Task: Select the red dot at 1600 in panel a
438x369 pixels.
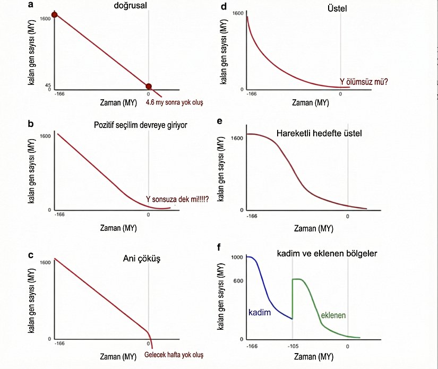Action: tap(54, 14)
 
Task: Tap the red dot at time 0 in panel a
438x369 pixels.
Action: tap(149, 87)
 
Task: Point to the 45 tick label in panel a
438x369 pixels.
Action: tap(47, 85)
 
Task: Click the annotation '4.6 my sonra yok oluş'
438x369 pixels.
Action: tap(174, 101)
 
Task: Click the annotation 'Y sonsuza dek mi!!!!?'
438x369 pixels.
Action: tap(177, 200)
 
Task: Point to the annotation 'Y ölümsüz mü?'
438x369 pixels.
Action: tap(364, 82)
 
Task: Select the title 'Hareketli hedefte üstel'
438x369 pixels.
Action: tap(319, 133)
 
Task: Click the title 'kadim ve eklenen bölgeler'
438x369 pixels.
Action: tap(327, 254)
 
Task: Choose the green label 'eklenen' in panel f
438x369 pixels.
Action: tap(333, 315)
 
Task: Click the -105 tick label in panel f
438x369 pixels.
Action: tap(293, 347)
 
